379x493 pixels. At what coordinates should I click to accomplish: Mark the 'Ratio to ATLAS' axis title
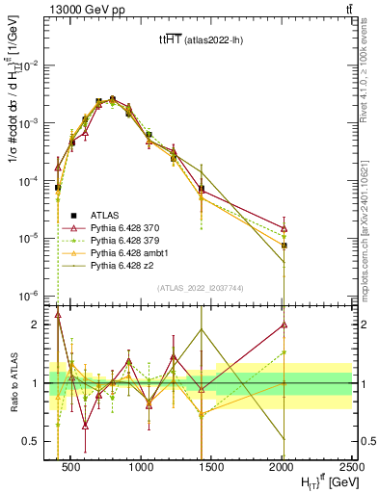pos(14,382)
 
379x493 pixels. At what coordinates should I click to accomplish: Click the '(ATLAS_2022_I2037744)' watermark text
pos(201,288)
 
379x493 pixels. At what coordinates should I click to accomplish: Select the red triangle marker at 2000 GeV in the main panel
pos(284,228)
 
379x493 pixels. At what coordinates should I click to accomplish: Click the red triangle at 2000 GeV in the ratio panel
pos(284,324)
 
